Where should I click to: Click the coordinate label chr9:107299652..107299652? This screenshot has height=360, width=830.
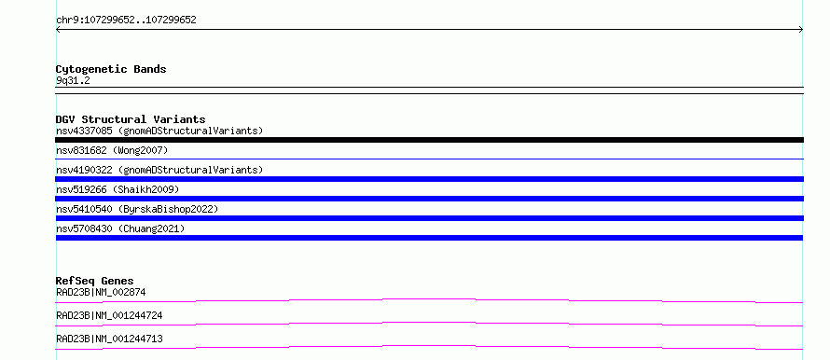tap(126, 21)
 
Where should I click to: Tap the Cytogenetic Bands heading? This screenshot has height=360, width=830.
tap(111, 69)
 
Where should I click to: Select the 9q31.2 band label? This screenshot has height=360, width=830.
tap(73, 81)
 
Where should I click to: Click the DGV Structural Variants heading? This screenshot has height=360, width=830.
tap(131, 119)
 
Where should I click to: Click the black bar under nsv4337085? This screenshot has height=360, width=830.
tap(429, 140)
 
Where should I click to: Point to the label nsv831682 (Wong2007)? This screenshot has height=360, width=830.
tap(112, 151)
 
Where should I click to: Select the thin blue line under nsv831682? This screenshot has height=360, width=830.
tap(429, 159)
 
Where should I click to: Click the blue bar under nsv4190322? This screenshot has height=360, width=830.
tap(429, 179)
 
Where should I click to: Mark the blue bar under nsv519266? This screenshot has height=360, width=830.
tap(429, 199)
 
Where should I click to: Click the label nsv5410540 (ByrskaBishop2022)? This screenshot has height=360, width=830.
tap(137, 209)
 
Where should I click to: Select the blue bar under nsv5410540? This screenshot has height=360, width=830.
tap(429, 218)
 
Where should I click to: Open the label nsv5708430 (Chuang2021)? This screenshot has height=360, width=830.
tap(120, 228)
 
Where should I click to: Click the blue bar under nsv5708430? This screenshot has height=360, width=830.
tap(429, 238)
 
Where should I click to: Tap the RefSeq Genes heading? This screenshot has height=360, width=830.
tap(95, 281)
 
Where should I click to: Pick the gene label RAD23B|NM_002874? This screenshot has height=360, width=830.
tap(101, 292)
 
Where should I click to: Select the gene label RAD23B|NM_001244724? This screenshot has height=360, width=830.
tap(109, 315)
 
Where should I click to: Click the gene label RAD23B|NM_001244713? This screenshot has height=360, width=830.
tap(109, 339)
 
